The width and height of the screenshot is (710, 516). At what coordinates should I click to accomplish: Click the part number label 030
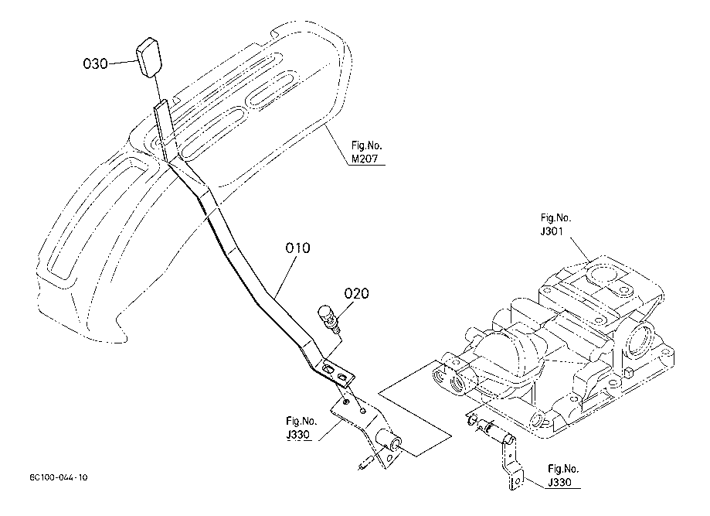pyautogui.click(x=96, y=63)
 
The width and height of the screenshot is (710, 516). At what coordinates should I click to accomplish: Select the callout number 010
pyautogui.click(x=298, y=248)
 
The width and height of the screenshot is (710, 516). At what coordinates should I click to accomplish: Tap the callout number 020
pyautogui.click(x=357, y=293)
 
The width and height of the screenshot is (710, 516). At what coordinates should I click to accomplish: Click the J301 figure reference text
pyautogui.click(x=552, y=231)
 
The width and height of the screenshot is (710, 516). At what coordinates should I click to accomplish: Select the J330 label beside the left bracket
pyautogui.click(x=298, y=434)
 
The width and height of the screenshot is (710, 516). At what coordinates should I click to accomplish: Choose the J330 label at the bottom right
pyautogui.click(x=559, y=482)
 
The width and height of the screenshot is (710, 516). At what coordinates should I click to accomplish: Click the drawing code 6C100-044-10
pyautogui.click(x=59, y=477)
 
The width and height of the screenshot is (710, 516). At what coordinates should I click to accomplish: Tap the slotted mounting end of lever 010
pyautogui.click(x=338, y=372)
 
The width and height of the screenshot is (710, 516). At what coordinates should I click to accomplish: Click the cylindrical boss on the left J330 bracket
pyautogui.click(x=389, y=440)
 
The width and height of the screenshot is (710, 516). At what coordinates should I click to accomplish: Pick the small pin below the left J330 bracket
pyautogui.click(x=365, y=464)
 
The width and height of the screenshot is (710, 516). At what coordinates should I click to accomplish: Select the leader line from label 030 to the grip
pyautogui.click(x=122, y=63)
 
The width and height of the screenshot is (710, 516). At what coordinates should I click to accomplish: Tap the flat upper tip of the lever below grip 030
pyautogui.click(x=161, y=106)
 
